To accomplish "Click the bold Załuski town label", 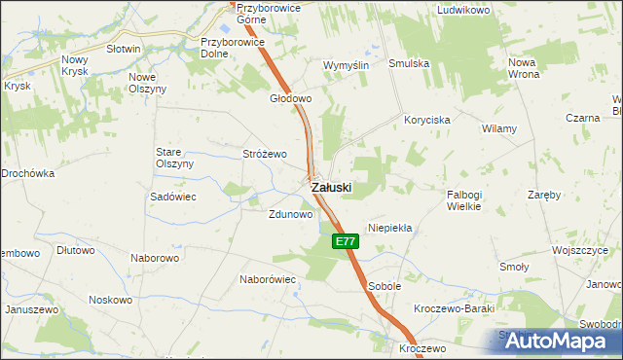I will coord(331,187).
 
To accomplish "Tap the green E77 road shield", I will coord(344,240).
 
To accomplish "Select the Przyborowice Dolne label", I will coord(228,48).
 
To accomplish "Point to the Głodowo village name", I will coord(290,98).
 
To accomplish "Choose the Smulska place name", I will coord(410,65).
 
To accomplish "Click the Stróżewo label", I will coord(265,154).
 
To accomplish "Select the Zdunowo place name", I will coord(290,214).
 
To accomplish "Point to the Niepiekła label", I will coord(390,228).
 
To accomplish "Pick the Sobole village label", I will coord(385,287).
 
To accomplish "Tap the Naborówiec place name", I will coord(268,278).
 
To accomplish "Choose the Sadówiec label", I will coord(174,196).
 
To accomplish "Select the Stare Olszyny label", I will coord(175,158).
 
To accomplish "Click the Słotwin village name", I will coord(124,48).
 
